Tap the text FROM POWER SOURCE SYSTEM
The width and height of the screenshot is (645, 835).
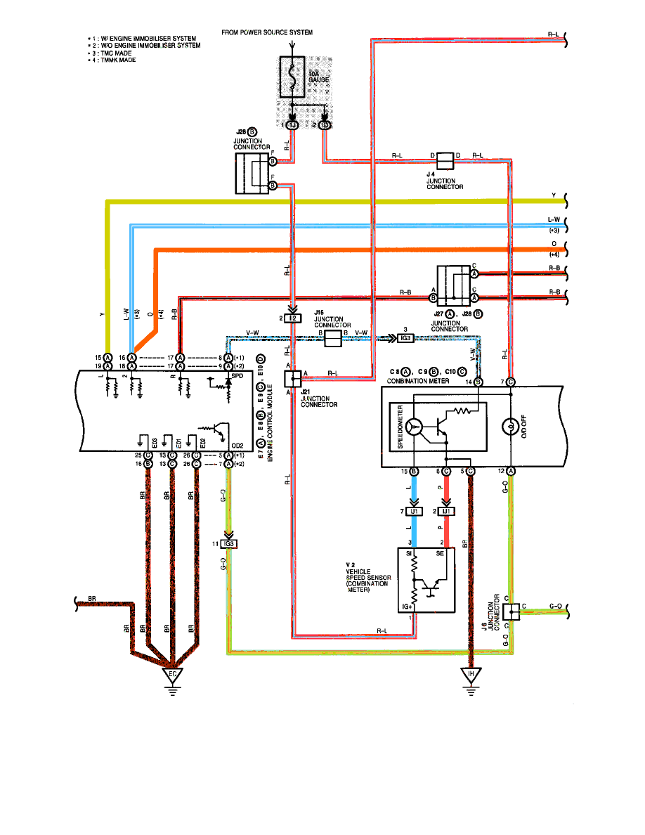pyautogui.click(x=267, y=33)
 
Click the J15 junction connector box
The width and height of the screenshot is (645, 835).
pyautogui.click(x=332, y=339)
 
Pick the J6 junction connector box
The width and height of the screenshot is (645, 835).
pyautogui.click(x=514, y=611)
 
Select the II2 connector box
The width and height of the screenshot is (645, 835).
pyautogui.click(x=294, y=318)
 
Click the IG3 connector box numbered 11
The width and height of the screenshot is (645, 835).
pyautogui.click(x=229, y=544)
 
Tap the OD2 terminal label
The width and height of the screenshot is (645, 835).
pyautogui.click(x=237, y=446)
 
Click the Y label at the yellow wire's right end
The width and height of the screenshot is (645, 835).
pyautogui.click(x=554, y=196)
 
